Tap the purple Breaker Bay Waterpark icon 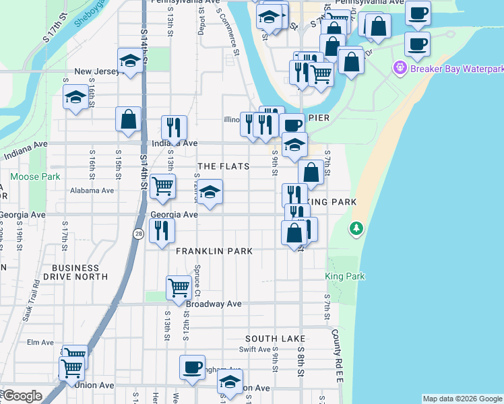pyautogui.click(x=400, y=68)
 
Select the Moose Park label pyautogui.click(x=35, y=177)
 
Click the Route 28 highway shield pyautogui.click(x=138, y=233)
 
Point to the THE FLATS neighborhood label pyautogui.click(x=223, y=166)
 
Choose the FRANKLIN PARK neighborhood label pyautogui.click(x=214, y=251)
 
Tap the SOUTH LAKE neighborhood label pyautogui.click(x=275, y=339)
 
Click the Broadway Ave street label pyautogui.click(x=214, y=304)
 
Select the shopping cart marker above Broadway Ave pyautogui.click(x=179, y=287)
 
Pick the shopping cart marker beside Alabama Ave pyautogui.click(x=162, y=187)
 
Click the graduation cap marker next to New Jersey pyautogui.click(x=130, y=61)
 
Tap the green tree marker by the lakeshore pyautogui.click(x=356, y=229)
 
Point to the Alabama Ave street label pyautogui.click(x=92, y=191)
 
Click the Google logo pyautogui.click(x=22, y=397)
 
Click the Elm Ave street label pyautogui.click(x=40, y=342)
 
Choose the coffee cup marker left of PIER pyautogui.click(x=292, y=125)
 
